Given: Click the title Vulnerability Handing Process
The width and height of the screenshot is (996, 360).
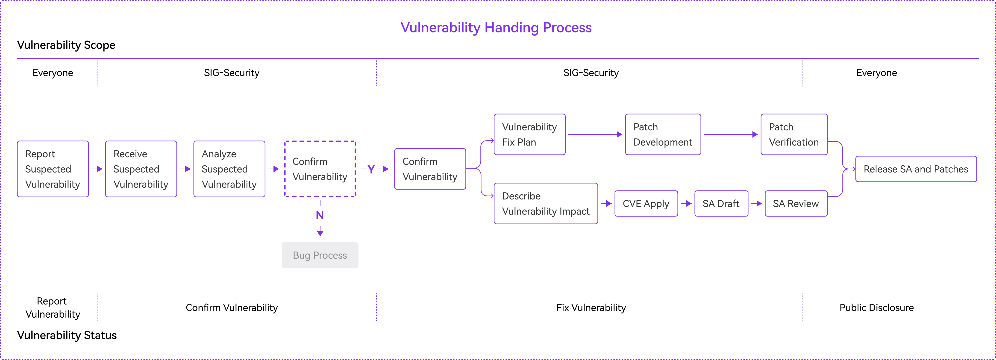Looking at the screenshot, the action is (x=496, y=27).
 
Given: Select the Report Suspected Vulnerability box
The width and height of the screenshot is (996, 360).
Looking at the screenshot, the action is (x=53, y=169).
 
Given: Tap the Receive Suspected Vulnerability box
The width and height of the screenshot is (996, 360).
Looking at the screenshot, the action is (x=141, y=169).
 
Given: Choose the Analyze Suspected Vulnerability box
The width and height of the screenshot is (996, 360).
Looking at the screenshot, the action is (x=229, y=169).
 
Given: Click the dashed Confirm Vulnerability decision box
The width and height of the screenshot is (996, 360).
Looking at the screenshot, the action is (x=320, y=169).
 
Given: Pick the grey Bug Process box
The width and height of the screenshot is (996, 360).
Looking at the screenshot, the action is (x=320, y=255).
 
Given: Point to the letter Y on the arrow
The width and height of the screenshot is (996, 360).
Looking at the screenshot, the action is (x=371, y=169).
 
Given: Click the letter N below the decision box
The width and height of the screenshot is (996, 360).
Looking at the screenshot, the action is (x=320, y=215).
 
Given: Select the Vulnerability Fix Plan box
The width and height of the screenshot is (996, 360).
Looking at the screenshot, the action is (x=530, y=135).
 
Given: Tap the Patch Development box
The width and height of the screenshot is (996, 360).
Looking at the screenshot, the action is (x=663, y=135).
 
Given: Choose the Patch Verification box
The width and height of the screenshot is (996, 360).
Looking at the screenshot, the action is (x=794, y=135).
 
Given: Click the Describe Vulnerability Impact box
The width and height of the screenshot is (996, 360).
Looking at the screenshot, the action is (x=546, y=203).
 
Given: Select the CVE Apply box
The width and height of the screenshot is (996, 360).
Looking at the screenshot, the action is (x=646, y=203).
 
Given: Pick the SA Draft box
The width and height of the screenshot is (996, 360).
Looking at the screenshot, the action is (x=721, y=203).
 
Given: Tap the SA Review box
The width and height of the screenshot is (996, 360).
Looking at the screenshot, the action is (x=796, y=203).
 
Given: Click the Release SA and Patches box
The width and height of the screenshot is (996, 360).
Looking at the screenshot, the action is (x=916, y=169).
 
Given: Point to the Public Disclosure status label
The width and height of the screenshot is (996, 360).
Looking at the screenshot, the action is (x=876, y=308).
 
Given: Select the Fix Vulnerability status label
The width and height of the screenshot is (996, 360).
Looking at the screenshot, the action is (x=591, y=308).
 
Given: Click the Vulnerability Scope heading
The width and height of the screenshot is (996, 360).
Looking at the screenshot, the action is (x=66, y=45).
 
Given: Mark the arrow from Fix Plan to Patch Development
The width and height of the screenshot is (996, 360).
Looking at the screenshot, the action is (x=595, y=135).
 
